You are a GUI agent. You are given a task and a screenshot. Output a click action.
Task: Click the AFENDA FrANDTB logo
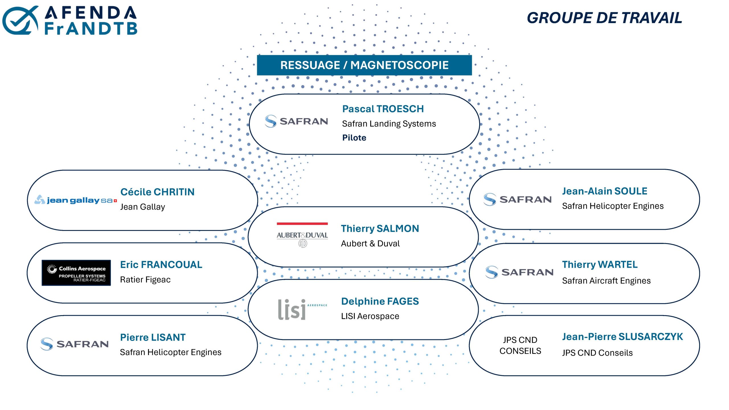(70, 20)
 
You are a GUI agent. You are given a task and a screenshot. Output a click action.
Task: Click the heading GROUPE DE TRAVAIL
(604, 18)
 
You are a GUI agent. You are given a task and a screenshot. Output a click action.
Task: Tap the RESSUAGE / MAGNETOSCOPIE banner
(364, 65)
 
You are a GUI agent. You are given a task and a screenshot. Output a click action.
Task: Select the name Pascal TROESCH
(383, 109)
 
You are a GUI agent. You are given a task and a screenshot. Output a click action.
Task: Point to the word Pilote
(354, 138)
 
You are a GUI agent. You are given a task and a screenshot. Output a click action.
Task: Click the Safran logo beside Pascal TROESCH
(296, 121)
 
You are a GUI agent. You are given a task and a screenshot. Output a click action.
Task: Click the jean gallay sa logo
(75, 200)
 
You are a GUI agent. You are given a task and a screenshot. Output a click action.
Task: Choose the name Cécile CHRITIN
(157, 192)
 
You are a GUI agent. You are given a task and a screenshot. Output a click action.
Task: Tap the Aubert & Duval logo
(302, 235)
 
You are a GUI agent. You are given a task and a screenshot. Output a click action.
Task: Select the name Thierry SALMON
(380, 228)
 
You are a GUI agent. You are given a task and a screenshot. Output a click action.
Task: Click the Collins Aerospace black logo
(76, 272)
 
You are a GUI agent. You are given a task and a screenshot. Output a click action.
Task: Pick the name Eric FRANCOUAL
(161, 265)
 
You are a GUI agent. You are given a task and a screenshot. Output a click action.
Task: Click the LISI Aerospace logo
(302, 309)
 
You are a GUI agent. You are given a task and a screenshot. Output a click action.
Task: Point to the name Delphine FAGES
(380, 301)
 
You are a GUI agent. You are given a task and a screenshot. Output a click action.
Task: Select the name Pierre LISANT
(153, 337)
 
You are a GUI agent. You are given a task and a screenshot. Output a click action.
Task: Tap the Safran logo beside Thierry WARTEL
(519, 272)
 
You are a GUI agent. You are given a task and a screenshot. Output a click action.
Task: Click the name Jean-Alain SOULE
(605, 191)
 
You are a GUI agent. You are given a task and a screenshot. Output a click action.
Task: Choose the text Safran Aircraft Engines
(606, 281)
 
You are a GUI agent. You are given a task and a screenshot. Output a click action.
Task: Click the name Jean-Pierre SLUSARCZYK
(622, 337)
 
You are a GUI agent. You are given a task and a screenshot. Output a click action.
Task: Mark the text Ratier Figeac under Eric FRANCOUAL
(145, 280)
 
